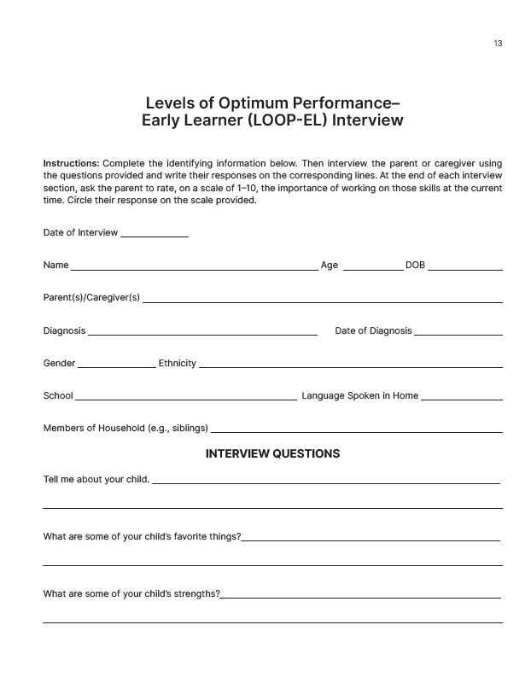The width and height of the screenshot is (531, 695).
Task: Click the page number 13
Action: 498,44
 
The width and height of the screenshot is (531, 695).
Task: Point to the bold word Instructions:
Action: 72,163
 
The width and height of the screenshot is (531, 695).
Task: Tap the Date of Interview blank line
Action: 155,236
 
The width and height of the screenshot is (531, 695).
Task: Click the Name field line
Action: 194,269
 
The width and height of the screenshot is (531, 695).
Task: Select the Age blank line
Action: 372,269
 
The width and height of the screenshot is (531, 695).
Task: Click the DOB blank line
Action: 464,269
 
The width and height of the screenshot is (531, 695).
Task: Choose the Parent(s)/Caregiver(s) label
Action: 91,298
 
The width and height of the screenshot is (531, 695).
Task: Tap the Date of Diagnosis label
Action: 373,330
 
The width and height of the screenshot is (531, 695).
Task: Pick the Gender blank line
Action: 116,367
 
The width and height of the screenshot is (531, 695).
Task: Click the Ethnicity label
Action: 178,363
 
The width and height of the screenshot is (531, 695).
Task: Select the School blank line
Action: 185,400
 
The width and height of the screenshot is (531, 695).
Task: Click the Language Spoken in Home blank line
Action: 461,400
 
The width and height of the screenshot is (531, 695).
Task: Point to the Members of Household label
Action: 125,428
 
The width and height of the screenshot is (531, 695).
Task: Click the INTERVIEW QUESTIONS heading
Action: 272,453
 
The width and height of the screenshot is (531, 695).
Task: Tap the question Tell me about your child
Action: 96,479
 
